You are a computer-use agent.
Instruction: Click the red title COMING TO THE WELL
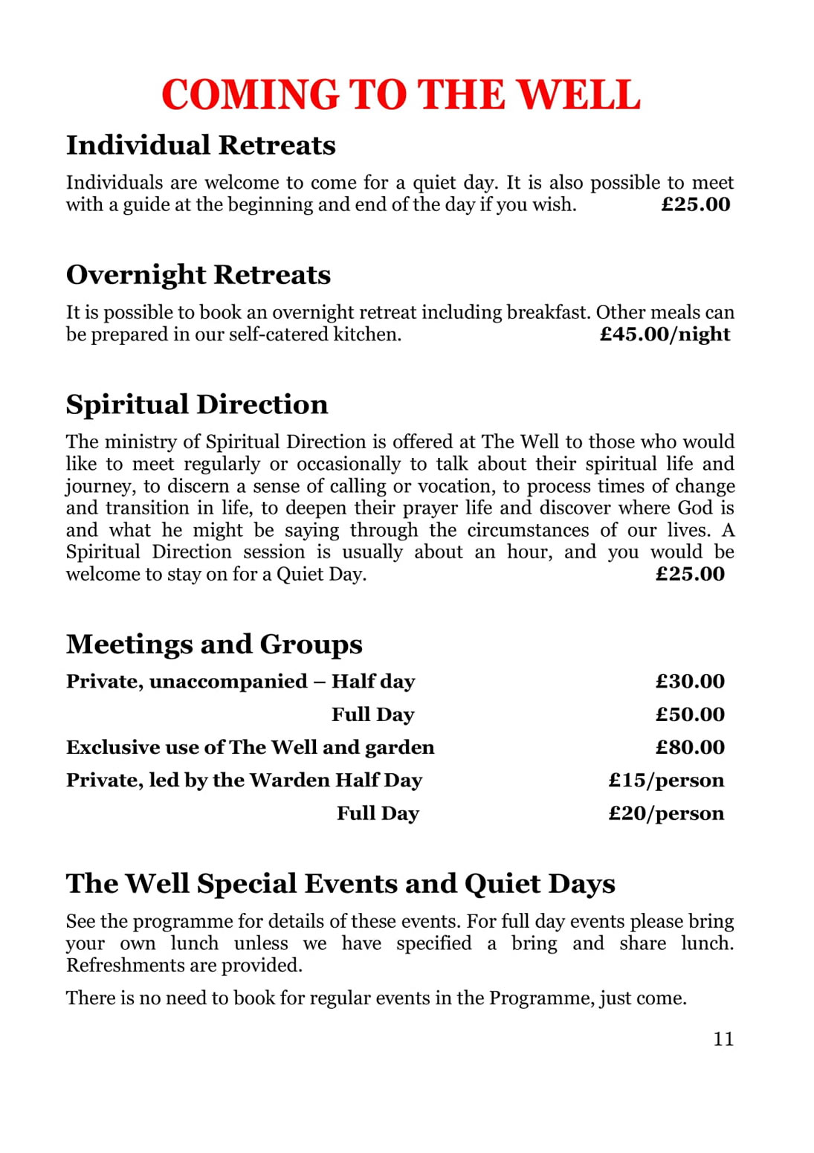click(401, 95)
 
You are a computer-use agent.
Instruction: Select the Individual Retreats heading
click(201, 145)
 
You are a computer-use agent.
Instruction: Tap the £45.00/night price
click(665, 335)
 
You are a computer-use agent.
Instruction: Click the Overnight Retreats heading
click(198, 275)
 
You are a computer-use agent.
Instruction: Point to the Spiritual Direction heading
click(196, 404)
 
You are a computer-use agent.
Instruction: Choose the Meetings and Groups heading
click(214, 644)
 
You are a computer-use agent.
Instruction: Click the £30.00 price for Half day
click(689, 682)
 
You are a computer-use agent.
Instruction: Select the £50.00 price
click(689, 714)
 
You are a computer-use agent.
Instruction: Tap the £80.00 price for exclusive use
click(689, 747)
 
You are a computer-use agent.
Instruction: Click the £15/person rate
click(665, 780)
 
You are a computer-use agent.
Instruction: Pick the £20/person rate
click(665, 813)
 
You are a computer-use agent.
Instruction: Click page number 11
click(723, 1039)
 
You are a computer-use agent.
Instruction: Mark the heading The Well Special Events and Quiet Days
click(340, 883)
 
